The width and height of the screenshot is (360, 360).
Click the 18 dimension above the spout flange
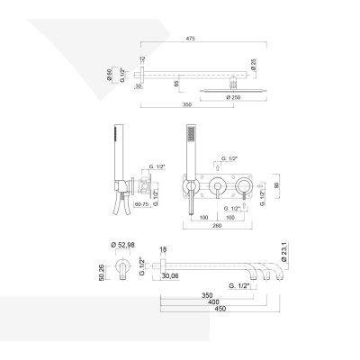coord(163,249)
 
